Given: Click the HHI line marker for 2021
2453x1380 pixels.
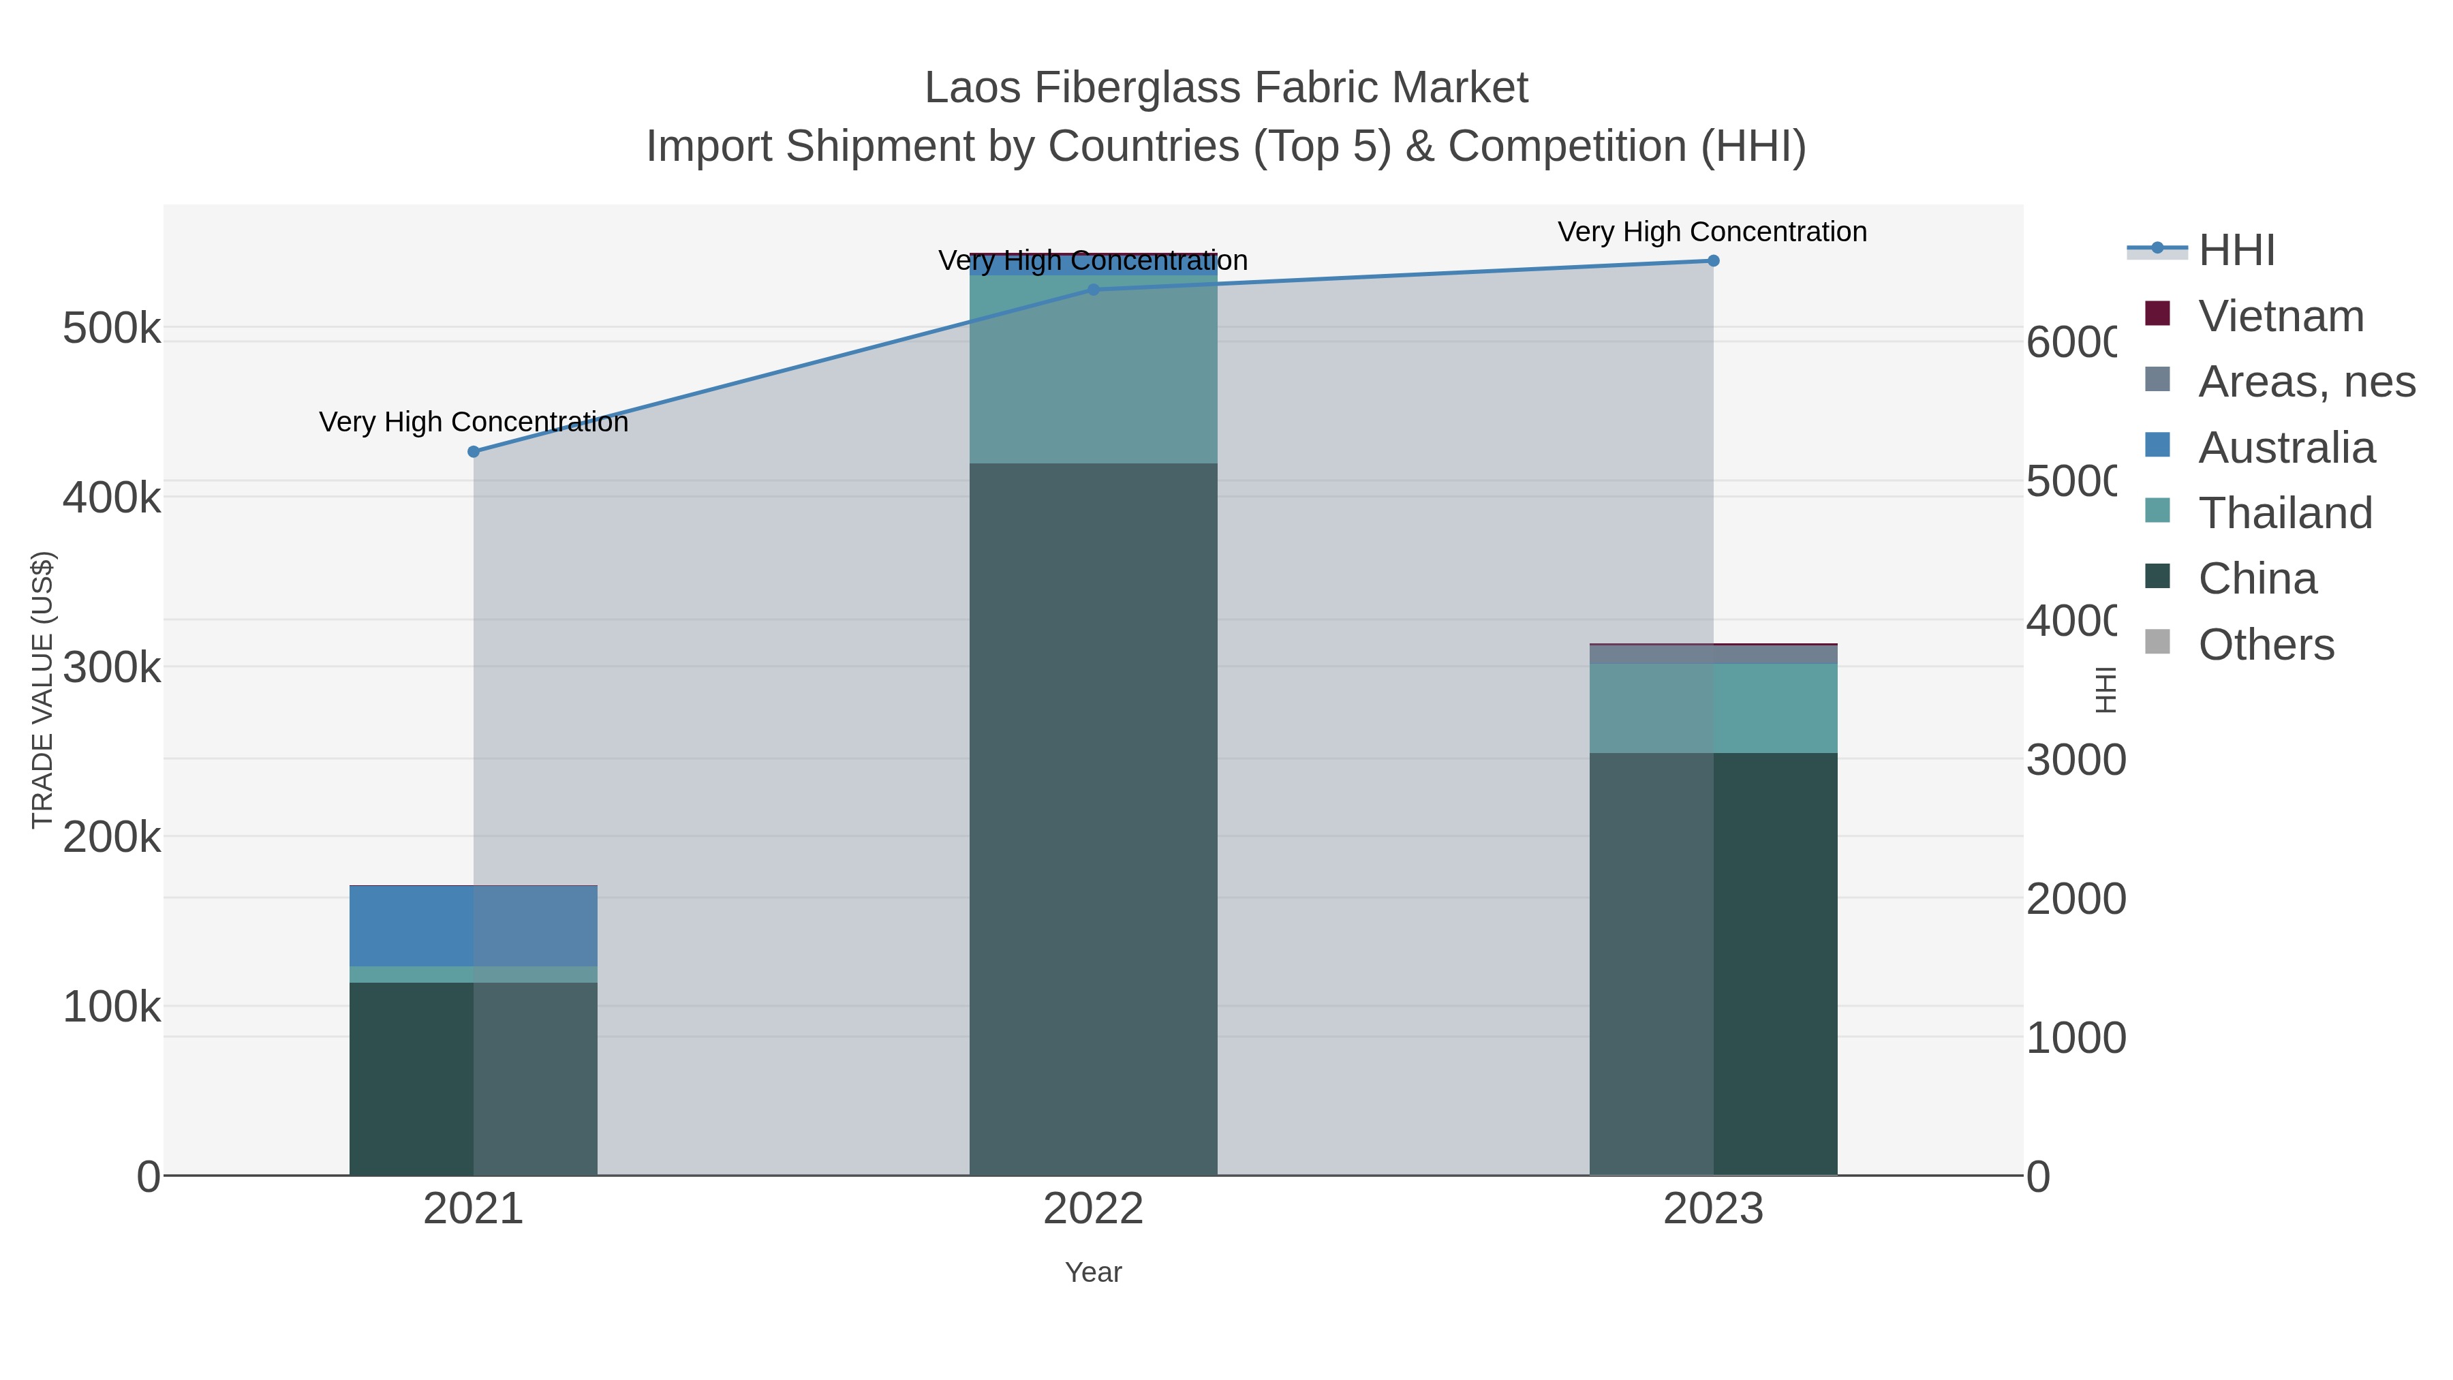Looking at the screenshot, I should click(474, 451).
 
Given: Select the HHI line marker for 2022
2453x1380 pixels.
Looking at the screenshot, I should click(1093, 290).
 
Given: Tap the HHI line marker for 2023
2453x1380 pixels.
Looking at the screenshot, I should click(1713, 261).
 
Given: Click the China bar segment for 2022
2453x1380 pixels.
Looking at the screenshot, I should click(1093, 819).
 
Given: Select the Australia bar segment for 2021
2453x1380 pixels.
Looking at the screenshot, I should click(474, 925).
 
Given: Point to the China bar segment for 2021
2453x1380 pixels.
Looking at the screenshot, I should click(474, 1078).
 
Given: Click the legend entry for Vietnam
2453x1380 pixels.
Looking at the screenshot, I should click(2281, 316).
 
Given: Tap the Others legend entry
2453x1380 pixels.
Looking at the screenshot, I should click(2266, 645).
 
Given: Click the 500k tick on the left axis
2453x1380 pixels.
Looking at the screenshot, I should click(112, 328).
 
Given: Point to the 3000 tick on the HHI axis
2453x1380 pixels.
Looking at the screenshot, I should click(2075, 760).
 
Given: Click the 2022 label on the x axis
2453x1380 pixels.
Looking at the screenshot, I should click(1093, 1208).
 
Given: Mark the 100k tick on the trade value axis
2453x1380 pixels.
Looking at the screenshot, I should click(112, 1007).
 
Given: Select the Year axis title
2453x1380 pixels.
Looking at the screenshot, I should click(1093, 1272).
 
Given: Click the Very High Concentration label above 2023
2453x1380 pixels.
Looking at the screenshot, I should click(1712, 232).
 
